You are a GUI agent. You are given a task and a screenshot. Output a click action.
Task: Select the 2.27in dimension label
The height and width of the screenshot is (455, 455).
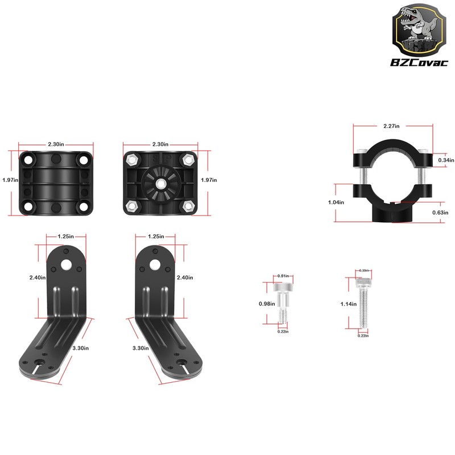392,126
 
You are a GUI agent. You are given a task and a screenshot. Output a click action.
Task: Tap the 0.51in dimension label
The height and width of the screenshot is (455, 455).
283,276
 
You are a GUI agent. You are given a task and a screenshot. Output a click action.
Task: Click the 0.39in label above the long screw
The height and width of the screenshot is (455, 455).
363,270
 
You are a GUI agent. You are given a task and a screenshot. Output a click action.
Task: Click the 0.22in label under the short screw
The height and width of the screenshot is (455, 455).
283,331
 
